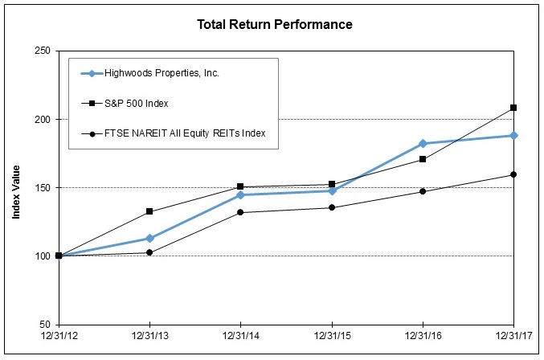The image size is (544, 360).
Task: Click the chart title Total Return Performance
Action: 275,24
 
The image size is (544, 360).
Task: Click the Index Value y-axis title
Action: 16,187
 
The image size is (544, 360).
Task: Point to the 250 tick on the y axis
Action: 42,51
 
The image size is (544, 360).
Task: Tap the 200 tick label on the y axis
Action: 42,119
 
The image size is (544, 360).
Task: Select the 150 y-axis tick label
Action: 42,187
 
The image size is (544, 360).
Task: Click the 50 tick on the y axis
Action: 45,324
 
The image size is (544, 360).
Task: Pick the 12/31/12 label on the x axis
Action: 59,335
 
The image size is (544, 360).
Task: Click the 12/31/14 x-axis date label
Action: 240,335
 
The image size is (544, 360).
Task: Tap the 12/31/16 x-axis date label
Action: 422,335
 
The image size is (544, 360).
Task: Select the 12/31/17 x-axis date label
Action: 513,335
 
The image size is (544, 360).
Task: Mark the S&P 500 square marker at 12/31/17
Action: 513,108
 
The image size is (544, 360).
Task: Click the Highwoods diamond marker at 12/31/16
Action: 423,143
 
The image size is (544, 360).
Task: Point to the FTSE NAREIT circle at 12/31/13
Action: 149,252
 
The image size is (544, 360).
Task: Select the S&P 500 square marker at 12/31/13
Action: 149,211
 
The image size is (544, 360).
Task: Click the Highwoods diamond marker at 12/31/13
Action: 149,238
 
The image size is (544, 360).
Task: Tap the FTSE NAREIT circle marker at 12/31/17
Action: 513,174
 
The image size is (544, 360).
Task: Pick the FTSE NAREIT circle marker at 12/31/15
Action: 332,207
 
